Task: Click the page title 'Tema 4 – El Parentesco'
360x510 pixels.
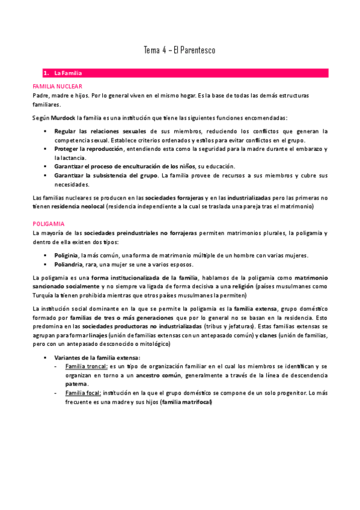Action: (x=180, y=51)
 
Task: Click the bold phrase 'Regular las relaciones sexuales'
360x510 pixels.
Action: (x=100, y=131)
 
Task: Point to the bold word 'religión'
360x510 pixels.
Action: (x=239, y=286)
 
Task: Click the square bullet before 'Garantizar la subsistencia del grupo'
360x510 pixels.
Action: (x=46, y=175)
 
